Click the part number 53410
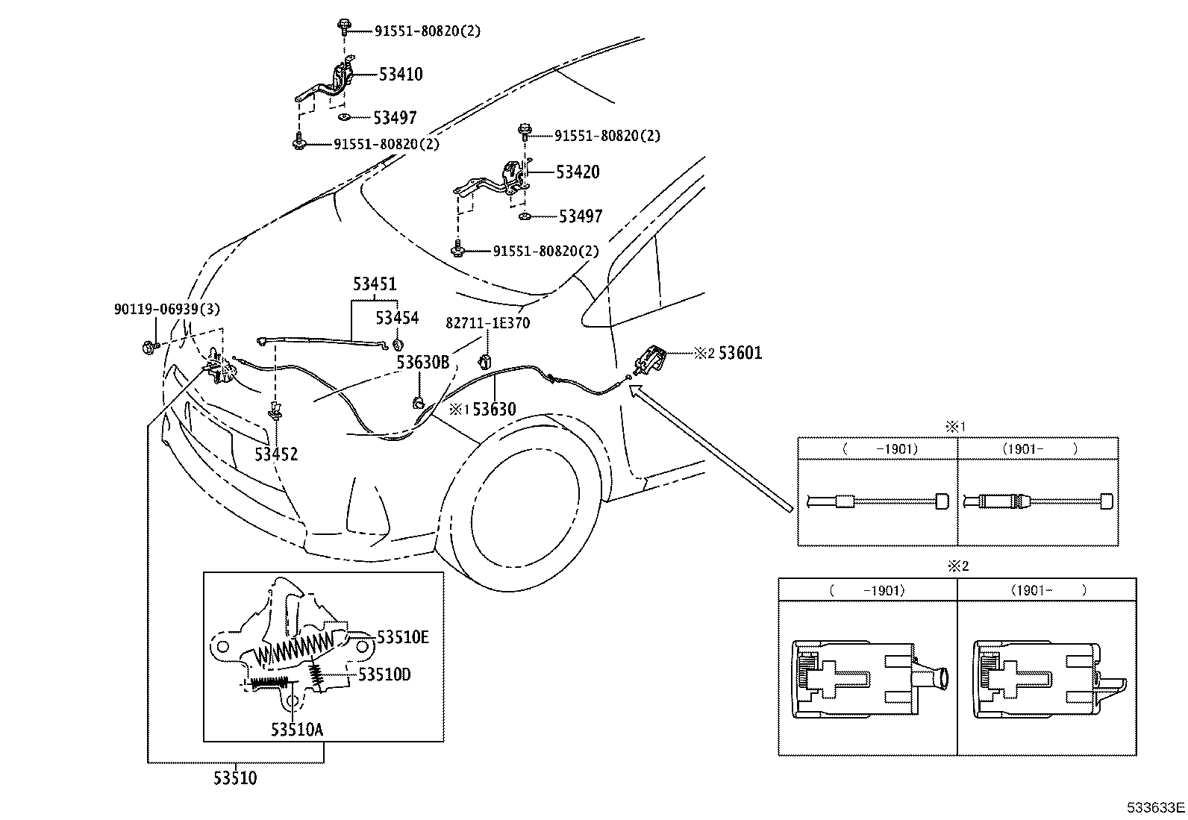pos(401,74)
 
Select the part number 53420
pos(578,172)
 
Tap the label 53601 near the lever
pos(740,353)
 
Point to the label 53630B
pos(422,363)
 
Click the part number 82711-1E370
pos(488,323)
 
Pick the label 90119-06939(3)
pos(167,309)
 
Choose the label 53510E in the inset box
pos(403,637)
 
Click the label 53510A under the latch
pos(297,729)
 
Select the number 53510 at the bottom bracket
pos(235,778)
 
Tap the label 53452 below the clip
pos(275,454)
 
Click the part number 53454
pos(397,318)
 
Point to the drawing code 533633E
pos(1156,807)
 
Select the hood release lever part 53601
pos(648,359)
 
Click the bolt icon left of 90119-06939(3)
pos(148,347)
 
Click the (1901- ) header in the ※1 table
pos(1037,448)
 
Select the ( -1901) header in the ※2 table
pos(867,589)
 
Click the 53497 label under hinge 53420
pos(581,216)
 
